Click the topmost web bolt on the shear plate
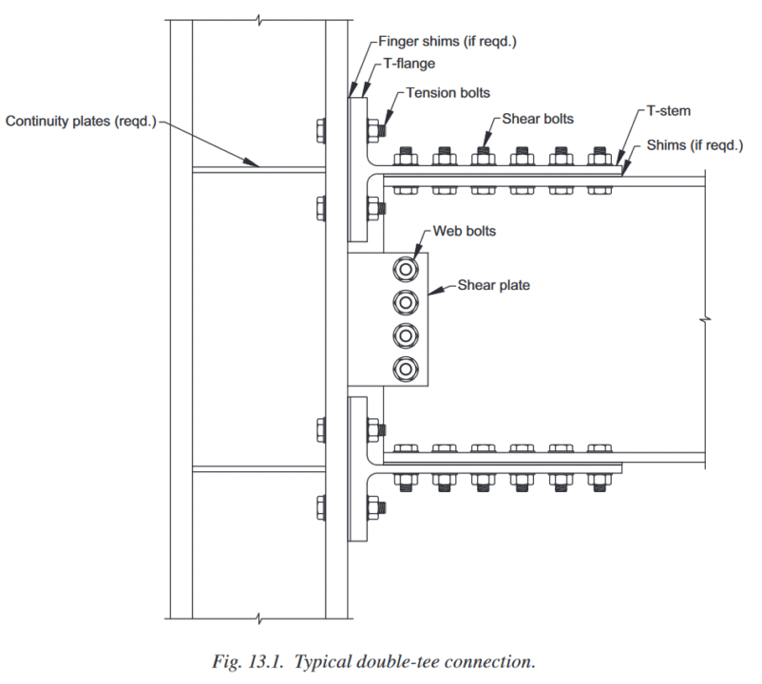407,270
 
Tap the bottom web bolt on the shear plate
407,368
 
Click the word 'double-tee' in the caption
418,659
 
